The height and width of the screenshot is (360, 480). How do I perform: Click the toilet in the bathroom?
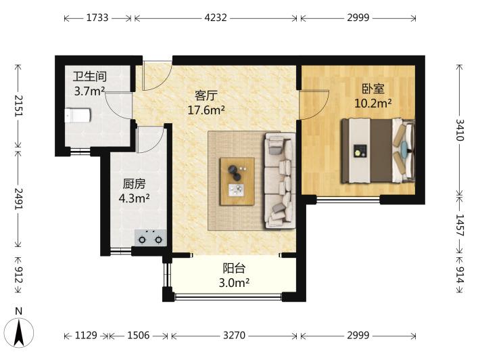(x=78, y=115)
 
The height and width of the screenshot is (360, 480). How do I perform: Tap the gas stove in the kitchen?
(x=151, y=238)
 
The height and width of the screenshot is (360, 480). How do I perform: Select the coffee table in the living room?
(x=237, y=181)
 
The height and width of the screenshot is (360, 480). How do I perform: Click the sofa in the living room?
(x=280, y=181)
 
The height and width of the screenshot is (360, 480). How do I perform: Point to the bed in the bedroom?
(x=378, y=151)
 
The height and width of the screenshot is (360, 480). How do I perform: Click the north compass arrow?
(x=19, y=333)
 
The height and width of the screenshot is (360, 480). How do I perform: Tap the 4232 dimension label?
(x=216, y=18)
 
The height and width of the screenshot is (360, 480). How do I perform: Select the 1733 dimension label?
(x=97, y=18)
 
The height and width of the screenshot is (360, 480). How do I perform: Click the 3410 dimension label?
(x=460, y=130)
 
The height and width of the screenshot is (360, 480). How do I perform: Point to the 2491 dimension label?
(x=19, y=199)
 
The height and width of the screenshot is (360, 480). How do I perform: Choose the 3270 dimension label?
(x=234, y=336)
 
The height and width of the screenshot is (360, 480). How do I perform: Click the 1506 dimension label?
(x=139, y=336)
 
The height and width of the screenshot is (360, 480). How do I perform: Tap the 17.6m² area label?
(x=206, y=110)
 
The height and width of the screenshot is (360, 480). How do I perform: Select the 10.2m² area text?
(x=373, y=104)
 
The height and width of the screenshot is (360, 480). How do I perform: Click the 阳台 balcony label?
(x=234, y=268)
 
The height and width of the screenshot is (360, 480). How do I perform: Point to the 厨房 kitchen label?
(x=134, y=184)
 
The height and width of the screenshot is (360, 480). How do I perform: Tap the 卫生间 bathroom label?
(x=90, y=76)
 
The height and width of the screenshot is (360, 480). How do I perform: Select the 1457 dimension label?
(x=460, y=225)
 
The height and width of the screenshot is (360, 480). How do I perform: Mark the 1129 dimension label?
(x=86, y=336)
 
